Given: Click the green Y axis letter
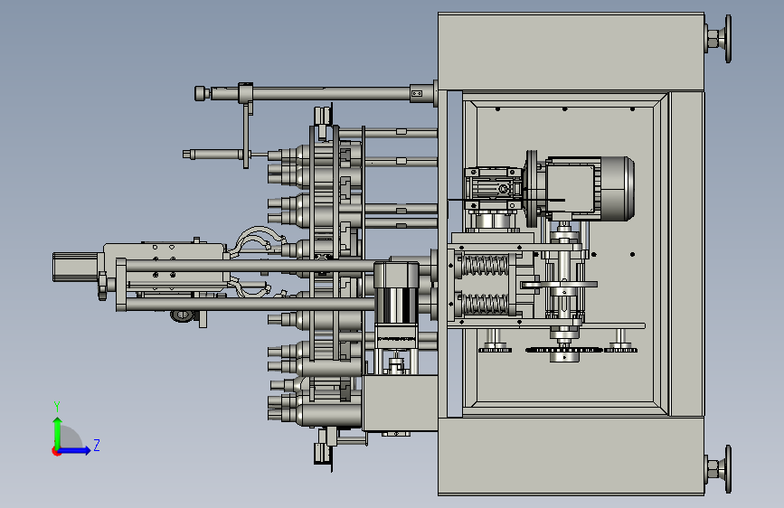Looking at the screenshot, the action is click(57, 406).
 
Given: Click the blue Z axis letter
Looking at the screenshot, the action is click(97, 445).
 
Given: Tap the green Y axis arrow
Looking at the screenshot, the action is click(58, 433).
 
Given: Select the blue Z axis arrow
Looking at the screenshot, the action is click(73, 450).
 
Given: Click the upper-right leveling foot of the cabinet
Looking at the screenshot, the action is click(719, 39).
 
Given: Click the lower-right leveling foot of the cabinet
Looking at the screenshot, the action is click(719, 469).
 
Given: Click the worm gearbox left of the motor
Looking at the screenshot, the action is click(492, 189).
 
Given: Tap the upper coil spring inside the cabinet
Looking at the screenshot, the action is click(485, 266).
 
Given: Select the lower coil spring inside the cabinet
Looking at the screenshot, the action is click(485, 304).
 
